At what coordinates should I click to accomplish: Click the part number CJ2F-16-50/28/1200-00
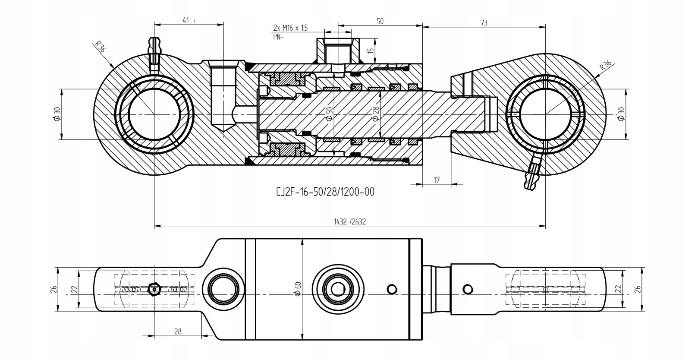point(325,192)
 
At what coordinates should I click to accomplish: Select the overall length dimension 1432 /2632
point(349,221)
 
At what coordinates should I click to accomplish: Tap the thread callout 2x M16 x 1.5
point(290,28)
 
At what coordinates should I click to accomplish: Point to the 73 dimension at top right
point(484,22)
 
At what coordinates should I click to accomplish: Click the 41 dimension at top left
point(186,20)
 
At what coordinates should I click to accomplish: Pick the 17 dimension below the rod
point(437,180)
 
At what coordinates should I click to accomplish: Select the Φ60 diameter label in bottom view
point(298,287)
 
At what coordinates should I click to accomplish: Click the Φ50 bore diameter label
point(330,114)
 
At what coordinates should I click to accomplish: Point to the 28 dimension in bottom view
point(178,331)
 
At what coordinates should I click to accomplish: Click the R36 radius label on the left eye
point(100,47)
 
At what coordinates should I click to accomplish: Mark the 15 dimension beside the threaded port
point(370,50)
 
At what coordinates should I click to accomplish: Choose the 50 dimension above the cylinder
point(380,22)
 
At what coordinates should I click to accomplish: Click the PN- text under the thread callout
point(278,37)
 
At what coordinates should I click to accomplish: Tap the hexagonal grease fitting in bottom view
point(153,289)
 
